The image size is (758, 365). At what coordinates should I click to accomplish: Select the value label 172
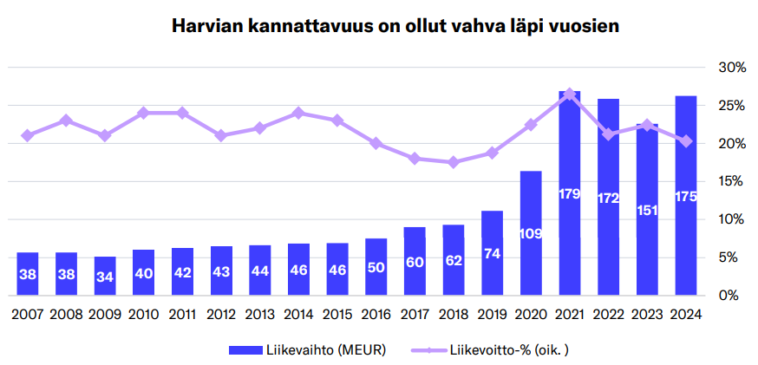click(x=608, y=199)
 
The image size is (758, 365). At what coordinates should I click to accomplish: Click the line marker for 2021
click(x=570, y=93)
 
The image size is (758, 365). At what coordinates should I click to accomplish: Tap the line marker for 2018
click(x=454, y=162)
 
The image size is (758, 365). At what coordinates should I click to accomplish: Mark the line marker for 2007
click(x=28, y=135)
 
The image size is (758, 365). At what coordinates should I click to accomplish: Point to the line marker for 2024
click(x=686, y=141)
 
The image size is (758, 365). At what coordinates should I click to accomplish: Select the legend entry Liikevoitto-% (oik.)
click(x=495, y=349)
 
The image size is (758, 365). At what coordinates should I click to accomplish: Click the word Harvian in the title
click(x=207, y=26)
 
